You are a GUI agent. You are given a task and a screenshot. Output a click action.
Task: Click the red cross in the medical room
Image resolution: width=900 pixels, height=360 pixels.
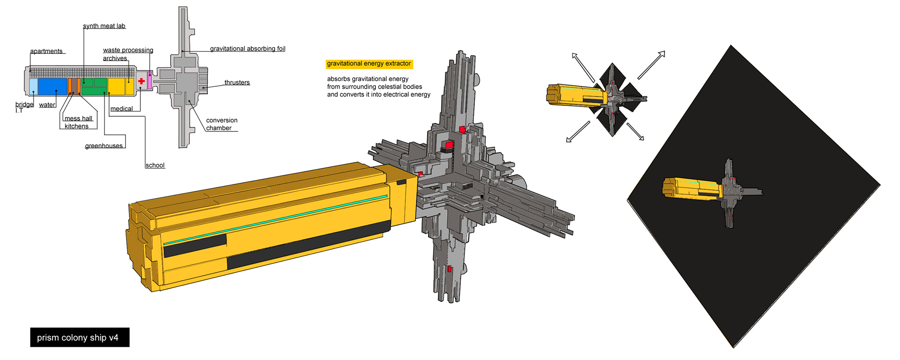pos(142,81)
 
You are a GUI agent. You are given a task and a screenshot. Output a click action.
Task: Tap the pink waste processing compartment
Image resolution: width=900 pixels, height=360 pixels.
pos(150,81)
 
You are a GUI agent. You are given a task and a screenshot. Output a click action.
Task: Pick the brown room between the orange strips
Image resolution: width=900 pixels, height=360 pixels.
pos(74,87)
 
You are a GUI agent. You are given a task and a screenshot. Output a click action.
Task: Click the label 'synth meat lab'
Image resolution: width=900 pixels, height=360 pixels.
pos(104,26)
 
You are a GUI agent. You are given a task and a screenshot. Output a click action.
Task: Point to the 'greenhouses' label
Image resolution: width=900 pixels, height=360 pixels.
pos(104,146)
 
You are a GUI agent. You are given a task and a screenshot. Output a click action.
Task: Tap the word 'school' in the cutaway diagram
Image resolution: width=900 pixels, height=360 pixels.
pos(155,165)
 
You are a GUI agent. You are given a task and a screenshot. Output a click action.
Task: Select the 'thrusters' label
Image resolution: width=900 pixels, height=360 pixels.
pos(237,82)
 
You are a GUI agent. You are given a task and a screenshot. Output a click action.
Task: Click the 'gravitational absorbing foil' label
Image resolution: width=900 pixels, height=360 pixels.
pos(247,49)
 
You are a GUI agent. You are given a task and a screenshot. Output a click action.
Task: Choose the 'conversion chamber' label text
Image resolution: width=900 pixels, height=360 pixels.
pos(221,124)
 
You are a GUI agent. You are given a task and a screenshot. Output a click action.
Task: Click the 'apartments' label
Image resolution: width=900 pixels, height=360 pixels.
pos(46,51)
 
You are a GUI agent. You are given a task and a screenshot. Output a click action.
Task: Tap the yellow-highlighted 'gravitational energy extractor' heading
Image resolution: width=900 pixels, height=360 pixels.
pos(369,64)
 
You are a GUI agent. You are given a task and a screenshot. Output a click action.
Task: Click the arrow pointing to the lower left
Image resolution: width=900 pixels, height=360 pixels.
pos(578,132)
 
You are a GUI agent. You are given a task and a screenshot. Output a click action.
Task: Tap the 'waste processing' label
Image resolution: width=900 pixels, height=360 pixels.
pos(128,50)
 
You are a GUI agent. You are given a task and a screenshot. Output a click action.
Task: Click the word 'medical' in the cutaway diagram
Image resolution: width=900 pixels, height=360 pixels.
pos(121,109)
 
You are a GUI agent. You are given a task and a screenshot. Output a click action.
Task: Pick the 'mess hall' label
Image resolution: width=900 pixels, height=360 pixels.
pos(78,119)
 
